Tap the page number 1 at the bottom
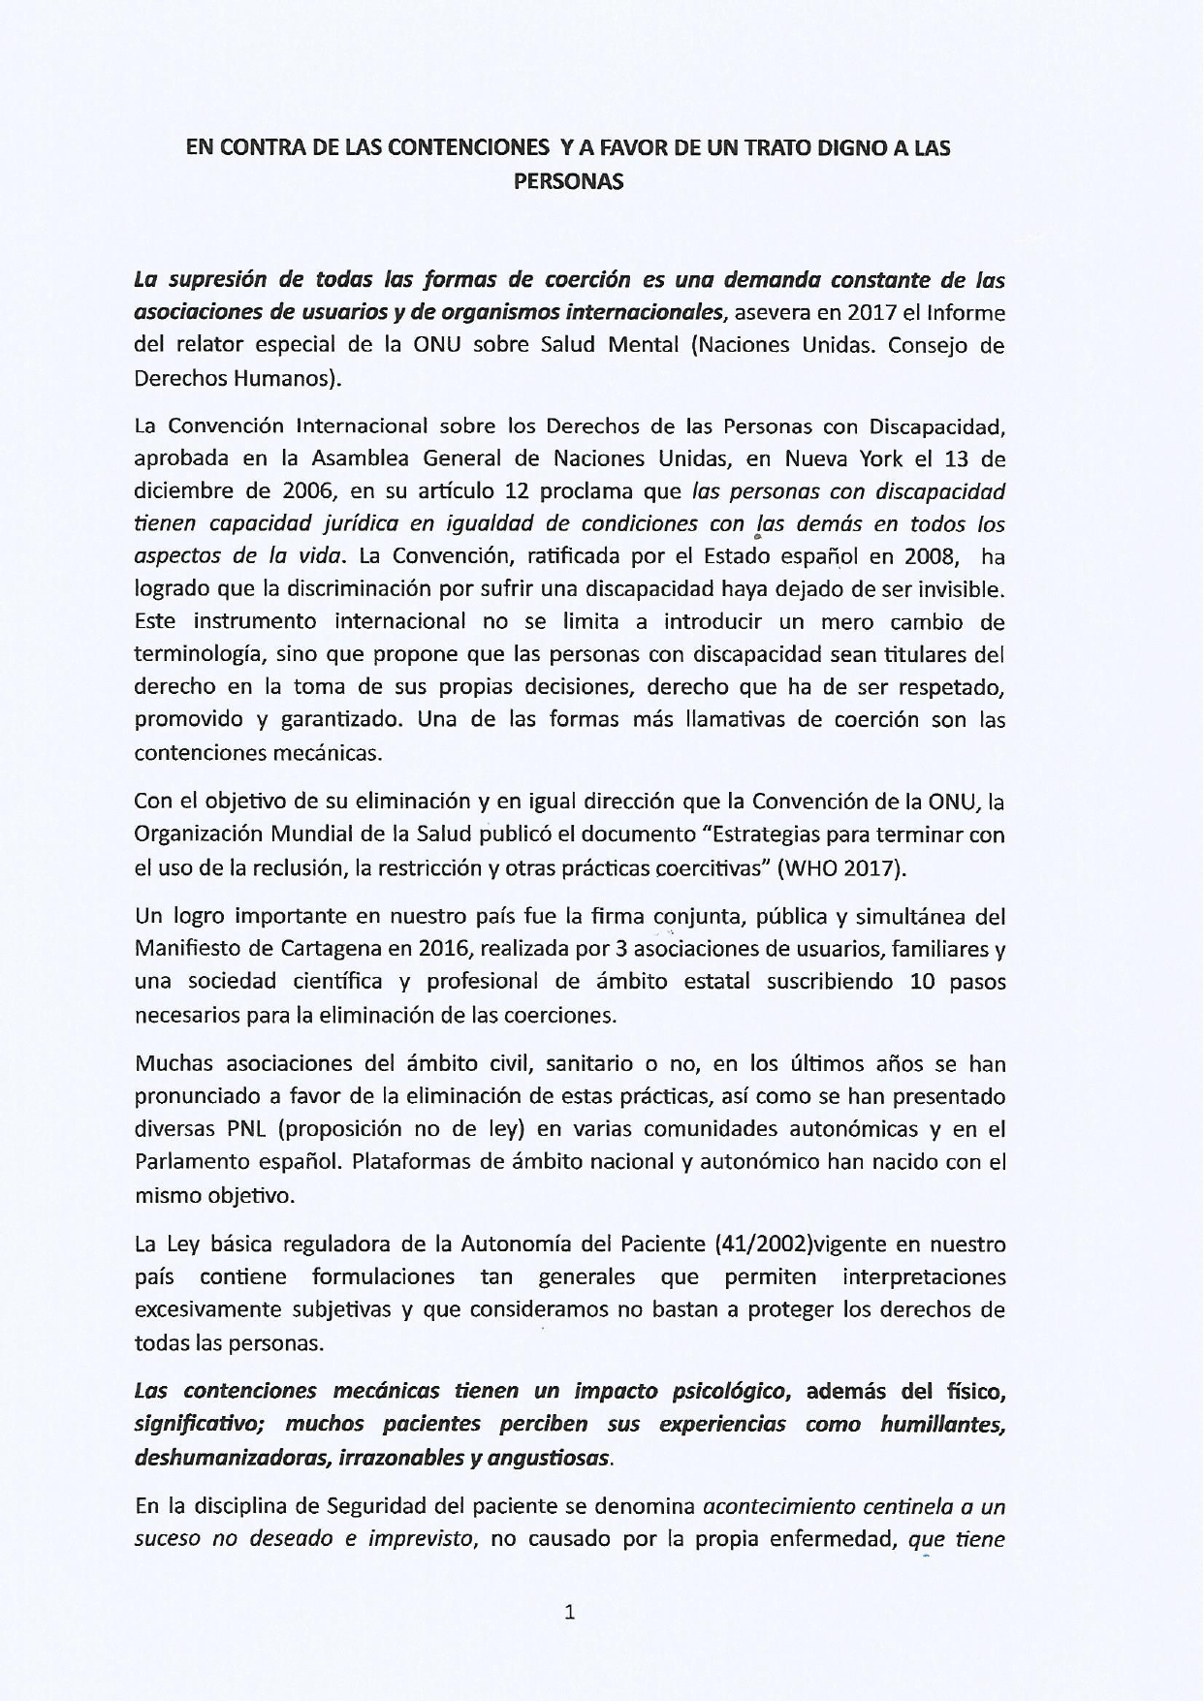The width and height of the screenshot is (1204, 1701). (570, 1613)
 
